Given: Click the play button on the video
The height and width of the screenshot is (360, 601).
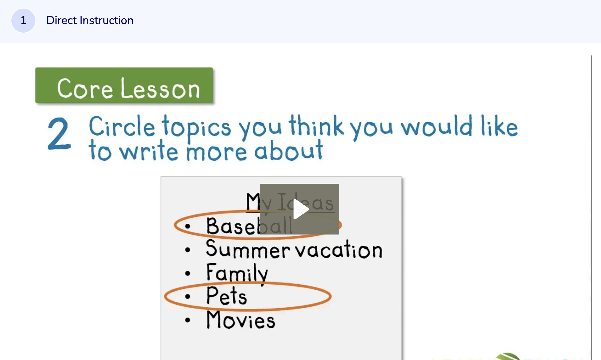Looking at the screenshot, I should pos(300,209).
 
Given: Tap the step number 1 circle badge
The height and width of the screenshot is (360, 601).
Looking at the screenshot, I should pos(23,21).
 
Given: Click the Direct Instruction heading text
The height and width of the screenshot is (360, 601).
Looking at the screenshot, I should pos(90,21).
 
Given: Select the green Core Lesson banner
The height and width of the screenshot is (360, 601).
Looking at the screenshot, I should pos(124,86).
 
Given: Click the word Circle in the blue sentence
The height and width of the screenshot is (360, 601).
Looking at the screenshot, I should pos(122,127).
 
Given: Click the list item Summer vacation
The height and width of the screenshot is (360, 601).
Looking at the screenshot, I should pos(294,250).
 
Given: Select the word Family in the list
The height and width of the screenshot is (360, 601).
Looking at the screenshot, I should pos(237,273).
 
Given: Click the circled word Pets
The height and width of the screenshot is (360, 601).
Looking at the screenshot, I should pos(226,296).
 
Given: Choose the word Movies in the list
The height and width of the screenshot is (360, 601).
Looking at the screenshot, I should pos(241,320).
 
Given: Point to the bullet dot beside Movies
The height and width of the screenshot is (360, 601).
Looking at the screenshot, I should pos(188,320).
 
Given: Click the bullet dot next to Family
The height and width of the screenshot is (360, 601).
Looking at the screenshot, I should pos(188,273).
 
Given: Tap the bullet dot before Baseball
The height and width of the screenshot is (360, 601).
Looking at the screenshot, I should pos(188,226).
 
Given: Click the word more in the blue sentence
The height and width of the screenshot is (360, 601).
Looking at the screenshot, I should pos(216,152).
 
